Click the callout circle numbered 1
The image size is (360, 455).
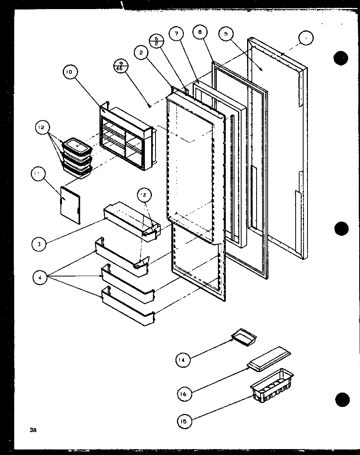point(306,38)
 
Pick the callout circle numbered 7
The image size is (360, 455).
point(176,34)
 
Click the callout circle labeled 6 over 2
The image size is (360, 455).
point(156,41)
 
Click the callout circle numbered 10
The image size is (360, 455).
point(70,72)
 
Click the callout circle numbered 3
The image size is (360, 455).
point(39,244)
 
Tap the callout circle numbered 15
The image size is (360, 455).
point(184,421)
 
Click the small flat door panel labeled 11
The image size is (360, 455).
point(70,205)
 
